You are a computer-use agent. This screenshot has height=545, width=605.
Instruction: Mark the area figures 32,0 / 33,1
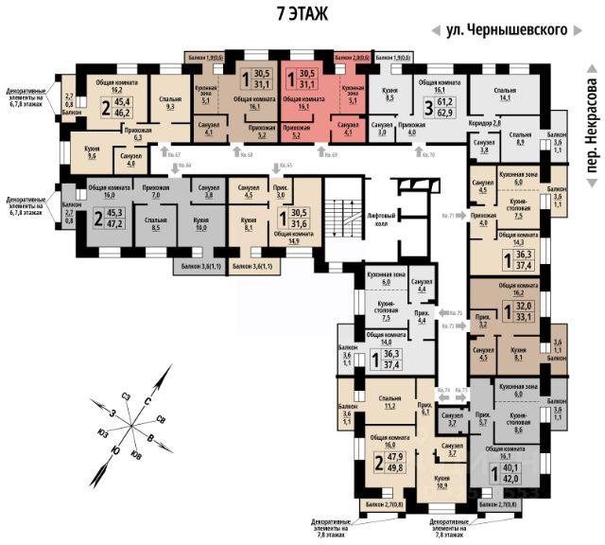pyautogui.click(x=521, y=311)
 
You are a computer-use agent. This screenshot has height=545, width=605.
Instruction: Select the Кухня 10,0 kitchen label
pyautogui.click(x=199, y=226)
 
